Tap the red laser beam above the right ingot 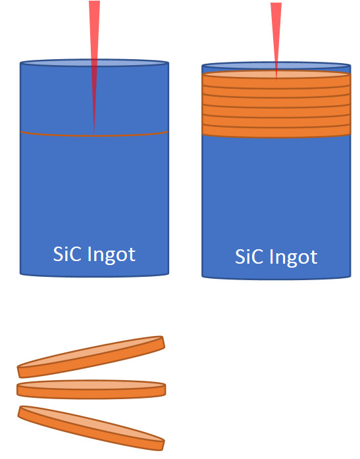276,38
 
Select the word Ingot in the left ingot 111,255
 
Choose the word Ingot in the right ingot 294,258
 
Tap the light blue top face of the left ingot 94,62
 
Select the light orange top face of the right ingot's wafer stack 276,74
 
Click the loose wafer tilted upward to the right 91,357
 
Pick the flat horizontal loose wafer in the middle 91,389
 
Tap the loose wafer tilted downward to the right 91,428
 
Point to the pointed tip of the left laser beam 94,133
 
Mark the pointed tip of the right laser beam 276,79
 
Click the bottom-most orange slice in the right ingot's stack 276,132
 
